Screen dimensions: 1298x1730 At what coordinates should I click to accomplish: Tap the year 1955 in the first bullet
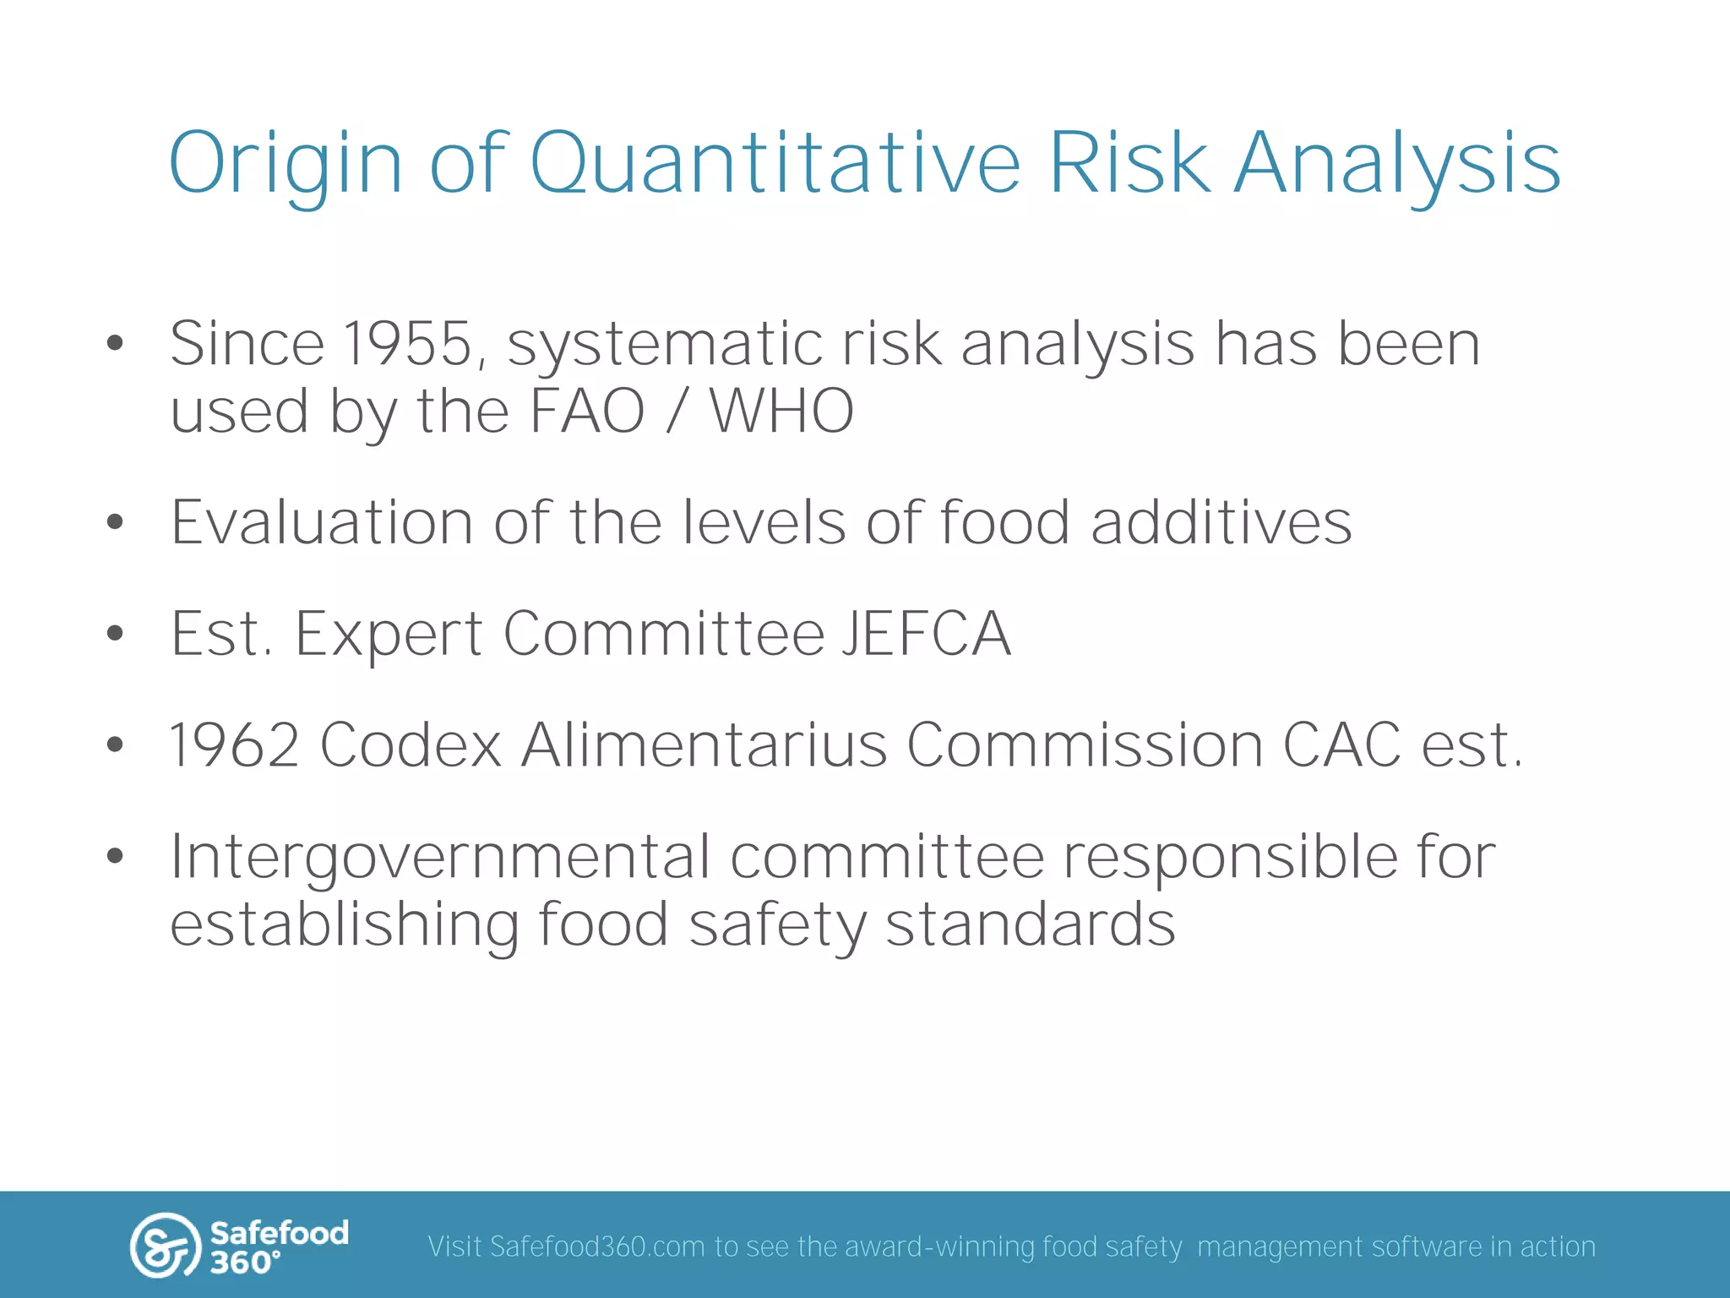coord(407,344)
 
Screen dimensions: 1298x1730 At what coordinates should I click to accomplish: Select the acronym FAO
coord(587,412)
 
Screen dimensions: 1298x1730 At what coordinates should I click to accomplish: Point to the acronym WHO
coord(781,412)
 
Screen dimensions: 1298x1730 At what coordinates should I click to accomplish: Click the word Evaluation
coord(321,522)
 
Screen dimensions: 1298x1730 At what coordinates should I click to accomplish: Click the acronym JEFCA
coord(927,634)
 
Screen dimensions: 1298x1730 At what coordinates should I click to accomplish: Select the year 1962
coord(235,745)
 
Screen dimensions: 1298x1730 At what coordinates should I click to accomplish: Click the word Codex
coord(411,745)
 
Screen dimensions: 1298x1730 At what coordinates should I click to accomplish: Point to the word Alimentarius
coord(704,745)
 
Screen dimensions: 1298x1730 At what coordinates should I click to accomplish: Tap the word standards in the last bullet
coord(1030,924)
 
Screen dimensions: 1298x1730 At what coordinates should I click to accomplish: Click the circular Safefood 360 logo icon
coord(164,1246)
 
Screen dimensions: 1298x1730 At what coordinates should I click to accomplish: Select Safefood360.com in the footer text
coord(596,1247)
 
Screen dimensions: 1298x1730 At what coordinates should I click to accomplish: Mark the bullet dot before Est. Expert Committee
coord(116,634)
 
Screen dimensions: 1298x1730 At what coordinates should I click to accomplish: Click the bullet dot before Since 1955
coord(116,344)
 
